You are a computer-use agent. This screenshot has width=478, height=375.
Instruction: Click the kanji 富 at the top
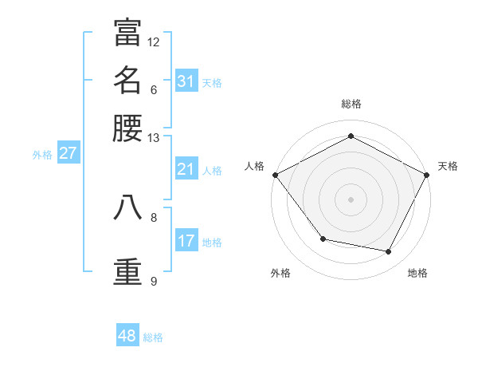point(127,34)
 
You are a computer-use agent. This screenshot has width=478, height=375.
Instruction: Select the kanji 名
point(127,81)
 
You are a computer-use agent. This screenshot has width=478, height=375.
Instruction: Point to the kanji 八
point(127,207)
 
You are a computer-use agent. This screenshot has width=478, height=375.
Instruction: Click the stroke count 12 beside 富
point(154,41)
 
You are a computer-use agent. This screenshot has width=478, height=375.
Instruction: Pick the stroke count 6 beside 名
point(154,89)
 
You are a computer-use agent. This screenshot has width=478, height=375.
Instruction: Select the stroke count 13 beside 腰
point(154,137)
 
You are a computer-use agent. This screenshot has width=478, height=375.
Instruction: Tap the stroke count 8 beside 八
point(154,216)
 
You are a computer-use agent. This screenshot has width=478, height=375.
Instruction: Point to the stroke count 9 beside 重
point(154,281)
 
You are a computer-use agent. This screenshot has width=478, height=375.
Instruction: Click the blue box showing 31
point(186,81)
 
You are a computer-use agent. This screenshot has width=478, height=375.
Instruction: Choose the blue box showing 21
point(186,169)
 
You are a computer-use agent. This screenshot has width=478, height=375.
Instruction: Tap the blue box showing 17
point(186,241)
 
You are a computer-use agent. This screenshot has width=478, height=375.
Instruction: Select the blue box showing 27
point(68,153)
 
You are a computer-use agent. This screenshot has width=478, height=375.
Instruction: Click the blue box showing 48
point(127,336)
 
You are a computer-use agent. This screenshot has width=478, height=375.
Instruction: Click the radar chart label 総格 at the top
point(351,104)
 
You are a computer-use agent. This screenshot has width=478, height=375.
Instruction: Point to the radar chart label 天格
point(448,166)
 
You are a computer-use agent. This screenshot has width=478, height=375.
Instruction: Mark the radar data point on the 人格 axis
point(275,175)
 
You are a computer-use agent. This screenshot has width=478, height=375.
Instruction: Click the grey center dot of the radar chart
point(351,199)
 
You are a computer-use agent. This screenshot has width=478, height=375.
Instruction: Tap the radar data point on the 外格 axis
point(323,239)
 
